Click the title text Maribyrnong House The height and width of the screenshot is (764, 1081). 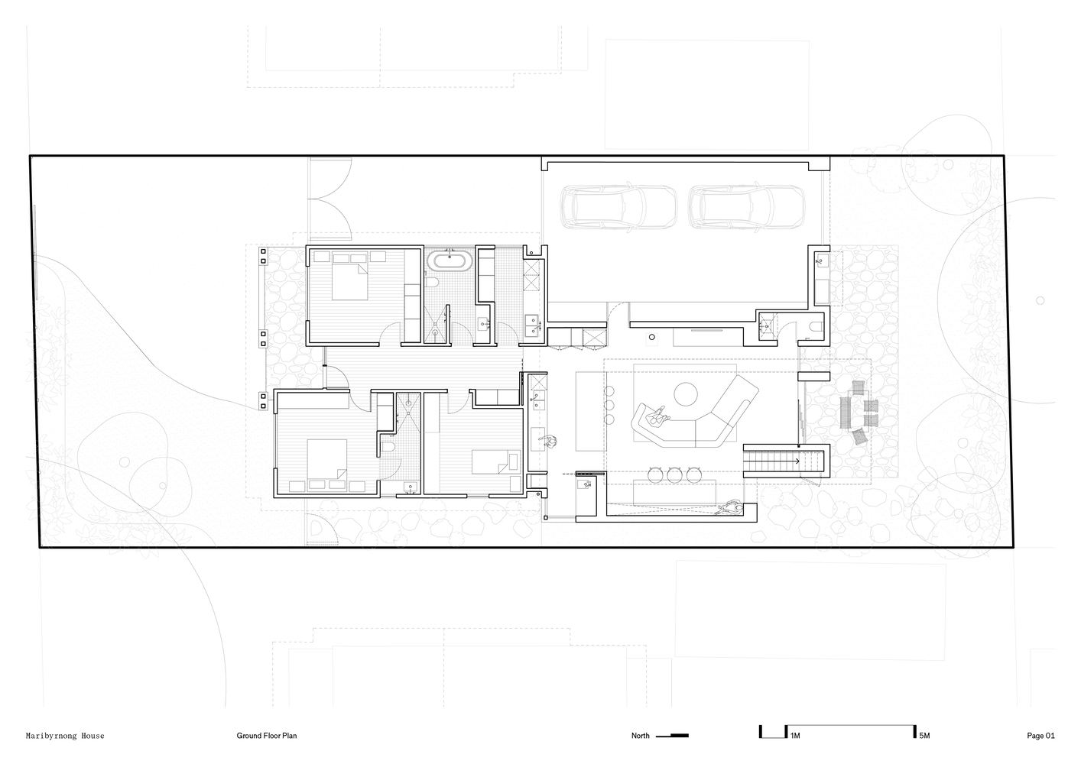coord(65,736)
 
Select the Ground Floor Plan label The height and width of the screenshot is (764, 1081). coord(266,736)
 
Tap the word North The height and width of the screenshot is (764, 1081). coord(641,736)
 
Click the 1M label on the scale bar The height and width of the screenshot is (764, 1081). coord(795,736)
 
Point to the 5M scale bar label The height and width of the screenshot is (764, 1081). coord(924,736)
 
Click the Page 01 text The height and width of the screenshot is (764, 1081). coord(1041,736)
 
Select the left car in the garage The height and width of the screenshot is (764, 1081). coord(618,206)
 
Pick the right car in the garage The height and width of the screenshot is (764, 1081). coord(747,206)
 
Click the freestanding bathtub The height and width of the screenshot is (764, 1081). coord(450,261)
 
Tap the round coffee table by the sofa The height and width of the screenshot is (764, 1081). coord(685,394)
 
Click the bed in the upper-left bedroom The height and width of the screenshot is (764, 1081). coord(349,281)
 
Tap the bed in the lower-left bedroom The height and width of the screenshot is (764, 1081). coord(327,458)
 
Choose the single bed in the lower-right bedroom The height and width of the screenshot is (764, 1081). coord(495,461)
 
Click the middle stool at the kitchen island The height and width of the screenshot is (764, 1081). coord(674,474)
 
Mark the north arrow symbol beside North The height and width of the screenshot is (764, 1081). coord(672,736)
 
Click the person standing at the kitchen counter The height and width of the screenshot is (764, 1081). coord(549,441)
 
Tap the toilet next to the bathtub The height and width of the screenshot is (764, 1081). coord(431,282)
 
